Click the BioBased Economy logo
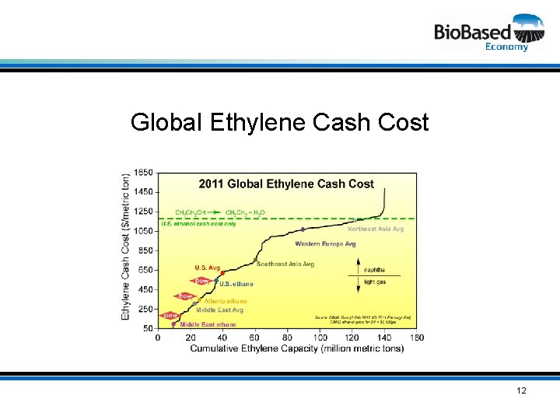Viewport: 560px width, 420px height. pos(488,32)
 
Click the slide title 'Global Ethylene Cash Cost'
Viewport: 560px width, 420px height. pos(280,122)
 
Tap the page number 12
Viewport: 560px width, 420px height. pos(521,390)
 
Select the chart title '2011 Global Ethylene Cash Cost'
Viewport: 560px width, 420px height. pos(286,184)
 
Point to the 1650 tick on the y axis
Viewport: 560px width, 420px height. pos(143,172)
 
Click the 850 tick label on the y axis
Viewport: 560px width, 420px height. pos(145,250)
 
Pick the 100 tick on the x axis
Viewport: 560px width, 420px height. pos(320,338)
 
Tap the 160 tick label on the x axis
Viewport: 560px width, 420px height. pos(416,338)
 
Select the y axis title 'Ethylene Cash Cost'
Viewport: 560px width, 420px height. pos(126,247)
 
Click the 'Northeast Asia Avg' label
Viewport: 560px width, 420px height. pos(376,229)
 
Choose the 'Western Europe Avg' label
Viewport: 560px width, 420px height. pos(325,243)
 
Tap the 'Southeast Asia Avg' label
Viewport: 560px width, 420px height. pos(285,264)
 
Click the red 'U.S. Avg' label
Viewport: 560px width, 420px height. pos(207,268)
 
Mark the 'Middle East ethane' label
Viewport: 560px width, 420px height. pos(208,324)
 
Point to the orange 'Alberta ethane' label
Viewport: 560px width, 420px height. pos(226,301)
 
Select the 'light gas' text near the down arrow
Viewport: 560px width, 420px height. pos(375,282)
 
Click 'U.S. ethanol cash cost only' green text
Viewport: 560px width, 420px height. pos(198,224)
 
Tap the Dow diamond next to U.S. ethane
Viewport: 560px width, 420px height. pos(201,281)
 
